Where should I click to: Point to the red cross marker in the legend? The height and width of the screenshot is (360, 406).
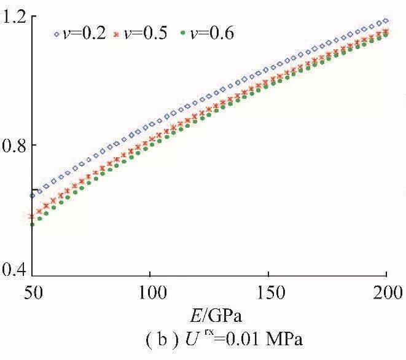pos(119,34)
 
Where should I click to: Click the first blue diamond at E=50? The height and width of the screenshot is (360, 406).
pos(33,196)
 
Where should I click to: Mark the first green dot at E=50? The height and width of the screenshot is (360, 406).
pos(33,224)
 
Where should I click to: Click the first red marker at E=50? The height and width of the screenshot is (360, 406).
pos(33,216)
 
